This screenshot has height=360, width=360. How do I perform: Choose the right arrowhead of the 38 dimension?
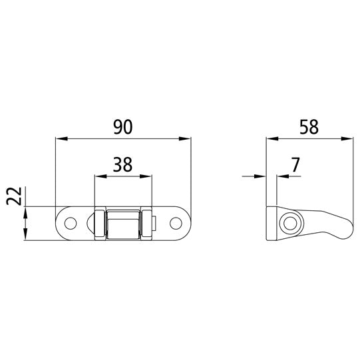147,176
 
